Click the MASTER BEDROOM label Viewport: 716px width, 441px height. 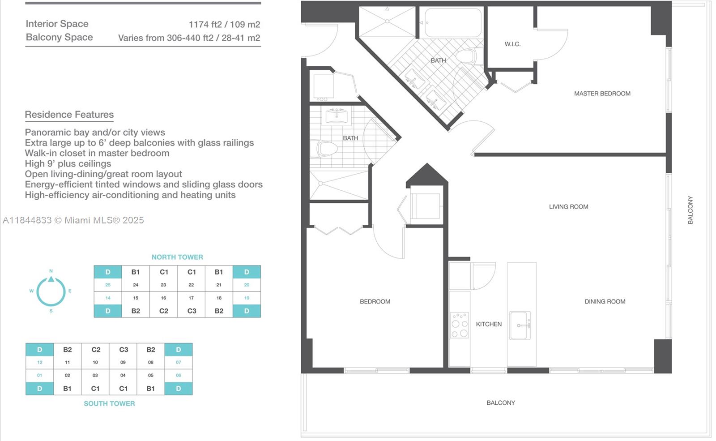602,94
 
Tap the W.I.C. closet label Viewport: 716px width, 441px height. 513,44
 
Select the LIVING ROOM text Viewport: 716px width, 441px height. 569,207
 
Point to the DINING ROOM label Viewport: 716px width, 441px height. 605,302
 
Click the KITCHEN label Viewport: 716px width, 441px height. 489,324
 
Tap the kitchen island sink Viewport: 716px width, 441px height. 520,325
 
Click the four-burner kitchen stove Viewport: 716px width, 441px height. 460,325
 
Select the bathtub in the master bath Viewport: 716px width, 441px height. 453,22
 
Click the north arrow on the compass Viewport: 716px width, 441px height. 51,279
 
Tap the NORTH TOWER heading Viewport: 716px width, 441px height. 177,257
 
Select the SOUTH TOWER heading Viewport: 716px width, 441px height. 109,403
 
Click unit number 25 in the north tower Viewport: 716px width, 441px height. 108,285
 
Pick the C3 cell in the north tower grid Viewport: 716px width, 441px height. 192,311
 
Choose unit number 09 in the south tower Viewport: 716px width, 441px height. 123,362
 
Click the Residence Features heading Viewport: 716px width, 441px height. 69,115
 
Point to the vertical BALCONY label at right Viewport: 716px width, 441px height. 690,210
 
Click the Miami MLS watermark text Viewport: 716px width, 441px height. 73,220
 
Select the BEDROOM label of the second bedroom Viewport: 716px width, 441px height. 375,302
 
